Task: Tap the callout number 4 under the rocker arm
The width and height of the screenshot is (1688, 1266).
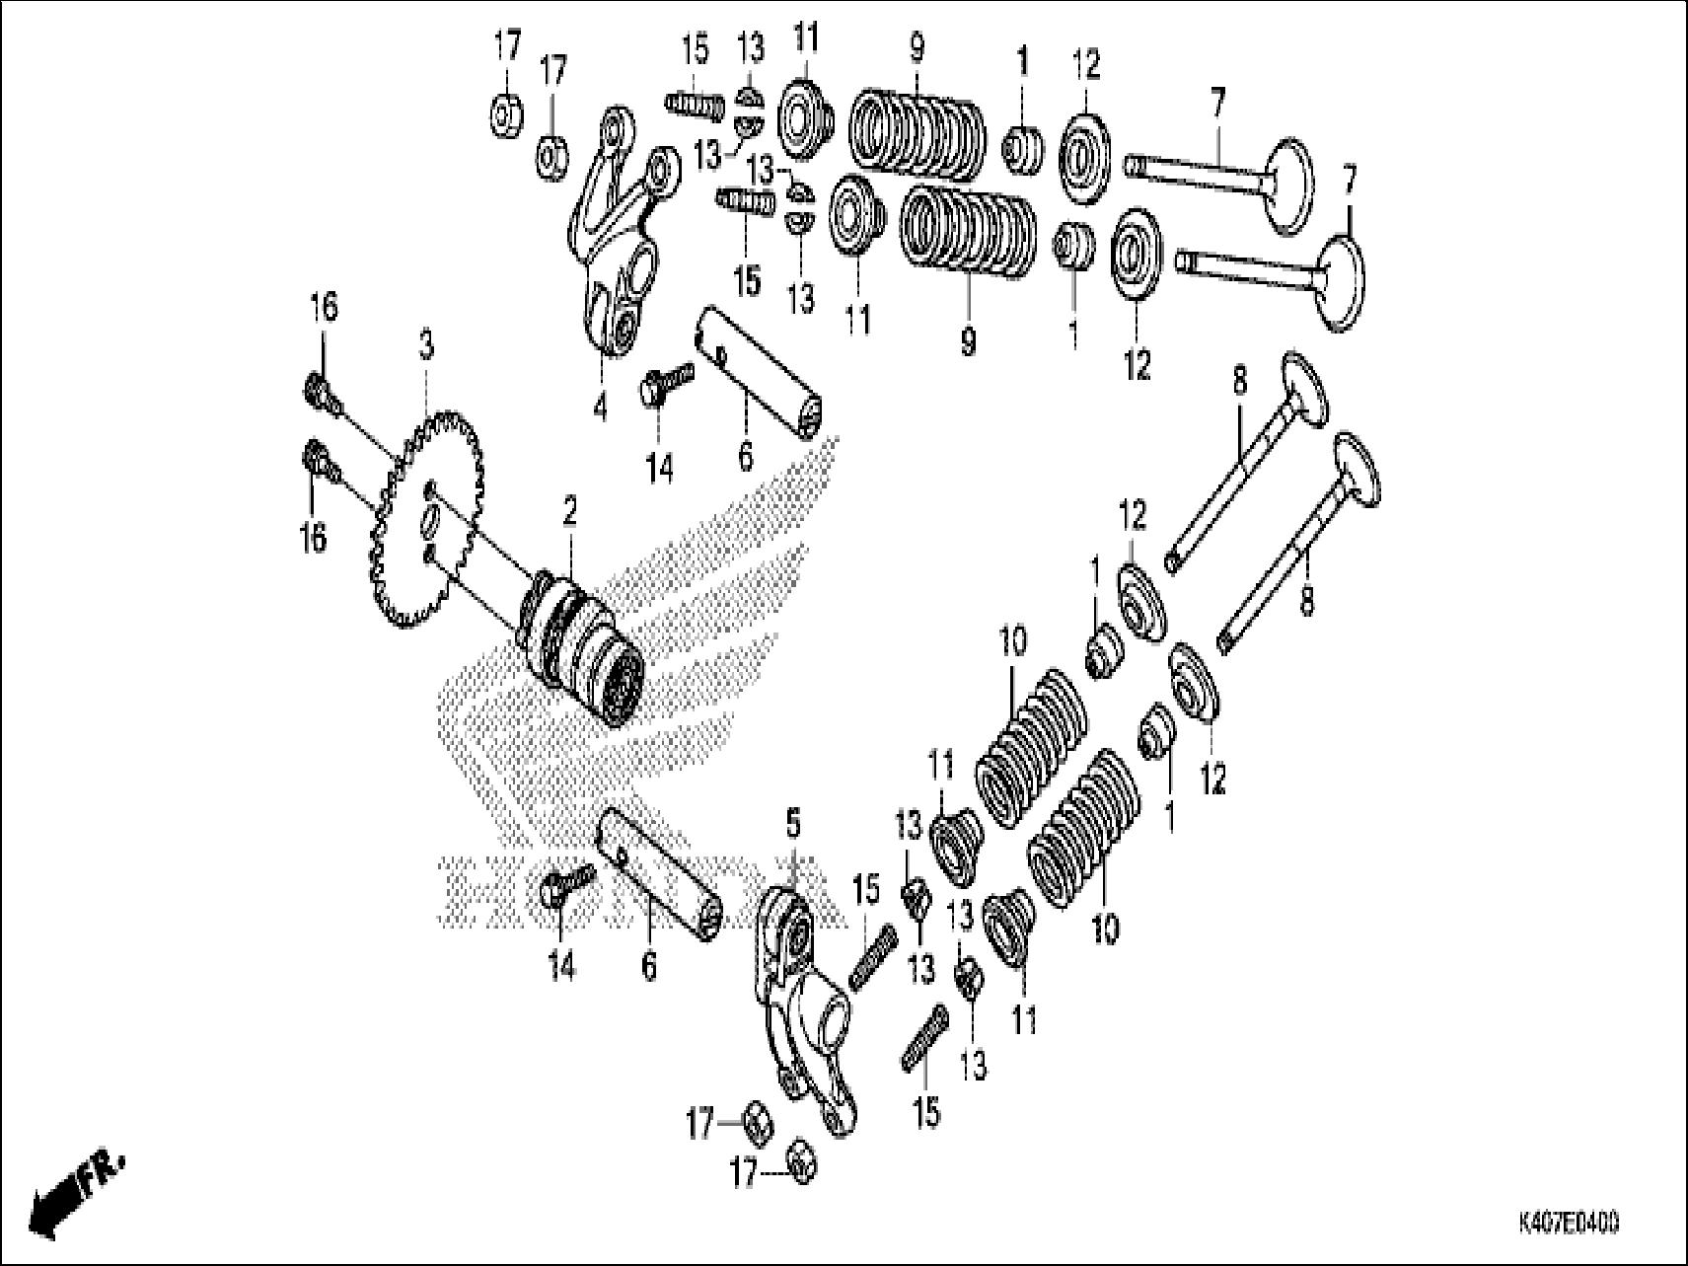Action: point(601,407)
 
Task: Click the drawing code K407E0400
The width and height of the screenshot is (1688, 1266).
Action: point(1568,1224)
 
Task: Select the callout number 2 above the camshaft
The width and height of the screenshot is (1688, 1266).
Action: point(569,511)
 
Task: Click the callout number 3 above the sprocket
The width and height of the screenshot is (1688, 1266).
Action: point(424,346)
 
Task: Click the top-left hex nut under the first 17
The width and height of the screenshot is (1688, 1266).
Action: point(506,115)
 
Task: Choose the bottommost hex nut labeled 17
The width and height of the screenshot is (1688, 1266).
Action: point(800,1161)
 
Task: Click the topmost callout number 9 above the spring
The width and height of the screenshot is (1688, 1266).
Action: point(917,47)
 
